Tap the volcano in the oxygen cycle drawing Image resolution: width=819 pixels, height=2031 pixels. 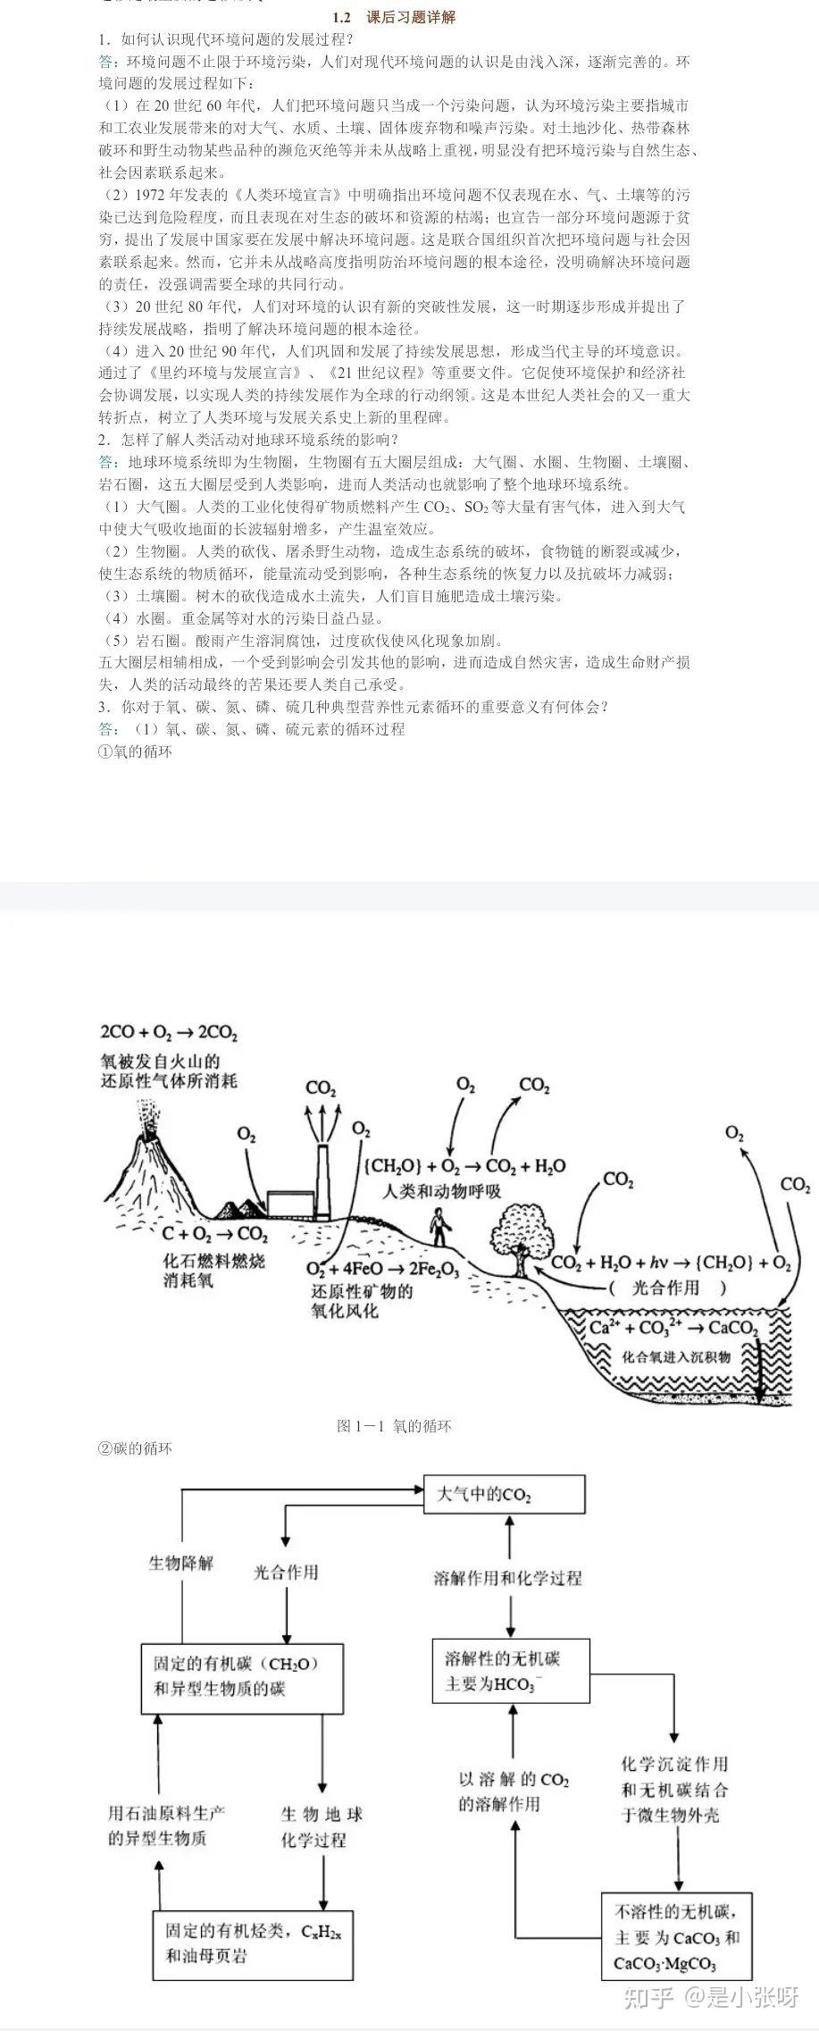[x=152, y=1162]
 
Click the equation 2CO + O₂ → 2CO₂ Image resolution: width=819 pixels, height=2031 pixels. [x=169, y=1033]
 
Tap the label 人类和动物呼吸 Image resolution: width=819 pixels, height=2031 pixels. [x=442, y=1192]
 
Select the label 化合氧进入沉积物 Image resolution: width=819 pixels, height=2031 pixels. [x=676, y=1356]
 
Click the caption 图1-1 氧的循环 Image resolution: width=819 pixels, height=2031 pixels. [x=394, y=1425]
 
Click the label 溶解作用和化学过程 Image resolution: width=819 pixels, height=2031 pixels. [x=507, y=1578]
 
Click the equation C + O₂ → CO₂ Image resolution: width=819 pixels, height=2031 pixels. [x=214, y=1235]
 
